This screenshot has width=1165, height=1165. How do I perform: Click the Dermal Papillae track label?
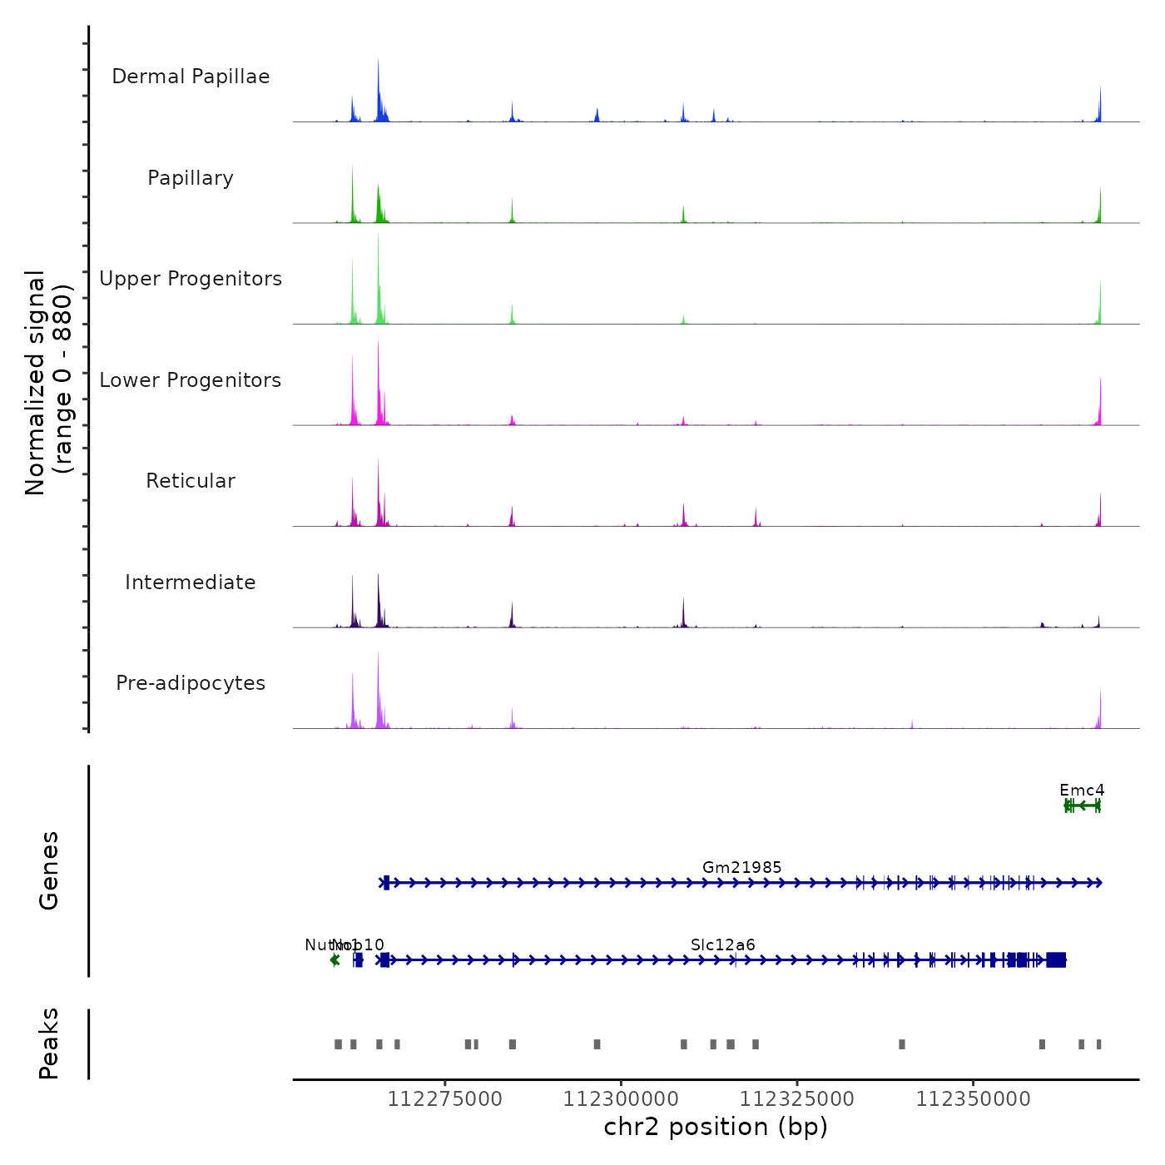pos(191,77)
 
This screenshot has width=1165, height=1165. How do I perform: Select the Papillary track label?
pos(191,178)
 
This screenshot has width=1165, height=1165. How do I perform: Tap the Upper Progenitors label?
pos(191,279)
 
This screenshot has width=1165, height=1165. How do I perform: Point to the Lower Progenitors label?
pos(191,380)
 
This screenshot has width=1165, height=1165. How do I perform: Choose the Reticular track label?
pos(191,481)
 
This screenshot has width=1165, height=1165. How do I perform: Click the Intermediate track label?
pos(191,582)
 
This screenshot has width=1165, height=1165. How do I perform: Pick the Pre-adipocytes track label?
pos(191,683)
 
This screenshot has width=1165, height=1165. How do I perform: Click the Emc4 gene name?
pos(1082,790)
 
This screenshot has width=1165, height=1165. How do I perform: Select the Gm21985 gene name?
pos(742,867)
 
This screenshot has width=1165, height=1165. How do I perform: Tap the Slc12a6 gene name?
pos(723,944)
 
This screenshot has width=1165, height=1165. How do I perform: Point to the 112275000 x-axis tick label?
pos(445,1099)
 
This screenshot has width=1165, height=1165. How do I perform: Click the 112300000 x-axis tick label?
pos(621,1099)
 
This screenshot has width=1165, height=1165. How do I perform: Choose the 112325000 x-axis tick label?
pos(797,1099)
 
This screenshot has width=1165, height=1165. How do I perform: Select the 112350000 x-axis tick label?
pos(974,1099)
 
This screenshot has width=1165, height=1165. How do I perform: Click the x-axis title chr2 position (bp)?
pos(716,1127)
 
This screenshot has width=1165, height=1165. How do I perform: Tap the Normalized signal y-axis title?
pos(48,383)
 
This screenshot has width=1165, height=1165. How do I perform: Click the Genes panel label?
pos(49,870)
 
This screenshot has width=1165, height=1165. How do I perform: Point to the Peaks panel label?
pos(49,1044)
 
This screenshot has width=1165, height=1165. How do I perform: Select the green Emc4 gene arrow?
pos(1083,806)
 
